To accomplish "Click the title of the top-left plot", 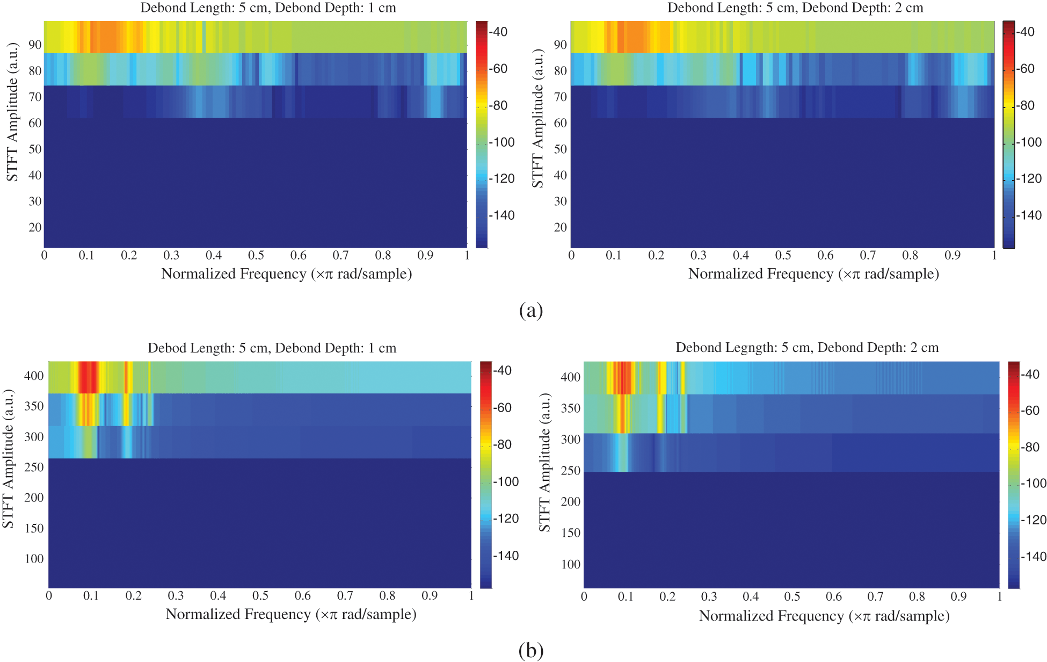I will tap(268, 8).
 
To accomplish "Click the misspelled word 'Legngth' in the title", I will tap(752, 348).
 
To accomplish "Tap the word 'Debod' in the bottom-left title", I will tap(166, 348).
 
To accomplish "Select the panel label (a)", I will tap(531, 311).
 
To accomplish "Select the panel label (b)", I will tap(531, 650).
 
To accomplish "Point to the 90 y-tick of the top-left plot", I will tap(35, 45).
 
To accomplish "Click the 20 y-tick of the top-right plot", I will tap(560, 227).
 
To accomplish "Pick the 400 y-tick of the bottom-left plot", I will tap(34, 376).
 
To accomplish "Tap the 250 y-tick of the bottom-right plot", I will tap(570, 471).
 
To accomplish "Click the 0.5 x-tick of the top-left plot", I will tap(256, 255).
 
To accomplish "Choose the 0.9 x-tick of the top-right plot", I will tap(953, 255).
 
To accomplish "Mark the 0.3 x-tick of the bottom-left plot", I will tap(176, 596).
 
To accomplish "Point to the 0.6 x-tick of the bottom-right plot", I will tap(834, 596).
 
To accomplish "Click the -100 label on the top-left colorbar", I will tap(502, 142).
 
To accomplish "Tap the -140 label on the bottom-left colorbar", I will tap(506, 556).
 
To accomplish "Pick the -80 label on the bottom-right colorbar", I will tap(1030, 447).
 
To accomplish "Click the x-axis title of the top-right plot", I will tap(813, 274).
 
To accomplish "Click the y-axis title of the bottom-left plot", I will tap(8, 458).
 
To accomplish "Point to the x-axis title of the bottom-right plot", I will tap(824, 616).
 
